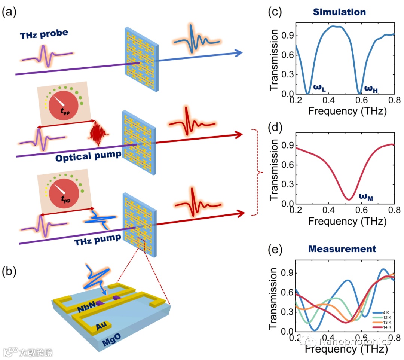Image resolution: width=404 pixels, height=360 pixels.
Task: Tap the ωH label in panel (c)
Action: tap(372, 89)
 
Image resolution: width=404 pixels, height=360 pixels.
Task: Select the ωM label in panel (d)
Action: tap(367, 195)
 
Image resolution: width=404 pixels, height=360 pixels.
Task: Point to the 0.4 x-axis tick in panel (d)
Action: tap(328, 211)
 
